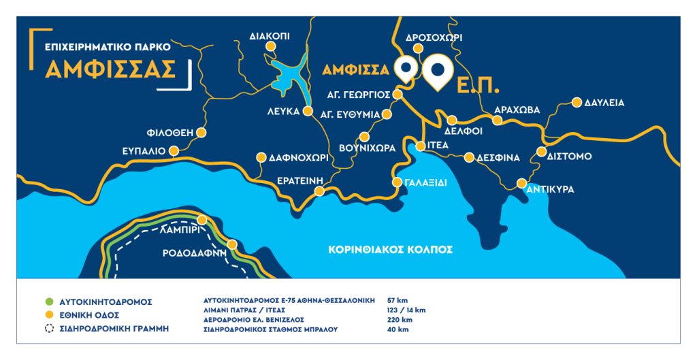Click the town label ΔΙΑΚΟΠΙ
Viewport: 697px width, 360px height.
pos(270,33)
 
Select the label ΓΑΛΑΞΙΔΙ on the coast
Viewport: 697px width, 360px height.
pos(425,182)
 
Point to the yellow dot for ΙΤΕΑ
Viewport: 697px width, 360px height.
pos(421,146)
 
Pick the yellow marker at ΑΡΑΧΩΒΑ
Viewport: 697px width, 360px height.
pos(498,120)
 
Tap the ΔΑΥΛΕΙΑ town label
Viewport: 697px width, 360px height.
pos(604,103)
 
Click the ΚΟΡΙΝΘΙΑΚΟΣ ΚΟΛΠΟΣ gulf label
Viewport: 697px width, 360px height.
pos(390,250)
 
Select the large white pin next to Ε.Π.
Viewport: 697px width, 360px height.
pos(436,73)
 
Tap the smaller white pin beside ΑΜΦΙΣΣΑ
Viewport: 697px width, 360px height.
pos(406,69)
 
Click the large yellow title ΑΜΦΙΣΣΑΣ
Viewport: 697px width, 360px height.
pos(111,69)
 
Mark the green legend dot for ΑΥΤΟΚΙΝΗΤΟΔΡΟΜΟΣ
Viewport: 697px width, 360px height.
pos(48,301)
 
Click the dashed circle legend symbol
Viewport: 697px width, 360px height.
pos(48,329)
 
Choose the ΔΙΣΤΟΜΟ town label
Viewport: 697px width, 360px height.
pos(569,157)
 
